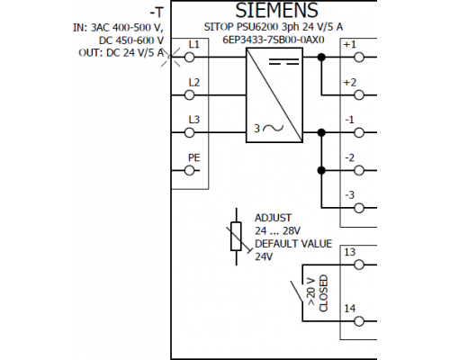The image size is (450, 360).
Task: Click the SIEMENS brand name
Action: coord(276,10)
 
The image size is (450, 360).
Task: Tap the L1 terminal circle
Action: coord(189,57)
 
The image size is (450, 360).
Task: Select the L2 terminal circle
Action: coord(189,95)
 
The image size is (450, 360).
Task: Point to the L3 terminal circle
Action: coord(189,132)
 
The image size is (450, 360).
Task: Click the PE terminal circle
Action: coord(189,171)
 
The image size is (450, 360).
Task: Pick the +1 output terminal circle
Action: coord(359,57)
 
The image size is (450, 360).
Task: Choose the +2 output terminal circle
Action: coord(359,95)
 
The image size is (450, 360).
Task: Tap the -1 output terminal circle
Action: coord(359,132)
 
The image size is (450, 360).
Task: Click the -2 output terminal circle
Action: coord(359,171)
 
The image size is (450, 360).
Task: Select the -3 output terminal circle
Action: coord(359,208)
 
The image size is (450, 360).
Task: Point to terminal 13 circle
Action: coord(359,265)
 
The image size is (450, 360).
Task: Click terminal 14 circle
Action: coord(359,321)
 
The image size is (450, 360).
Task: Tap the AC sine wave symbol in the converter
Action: coord(273,128)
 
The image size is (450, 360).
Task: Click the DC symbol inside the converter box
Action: coord(283,62)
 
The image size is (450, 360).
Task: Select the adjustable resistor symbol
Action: coord(237,237)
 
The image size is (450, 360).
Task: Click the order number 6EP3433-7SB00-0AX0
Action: coord(274,40)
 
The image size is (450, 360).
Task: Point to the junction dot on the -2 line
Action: coord(321,171)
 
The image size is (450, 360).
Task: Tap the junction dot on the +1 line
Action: coord(321,57)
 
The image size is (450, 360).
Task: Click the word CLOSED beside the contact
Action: coord(323,293)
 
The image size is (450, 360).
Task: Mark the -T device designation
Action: coord(157,13)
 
